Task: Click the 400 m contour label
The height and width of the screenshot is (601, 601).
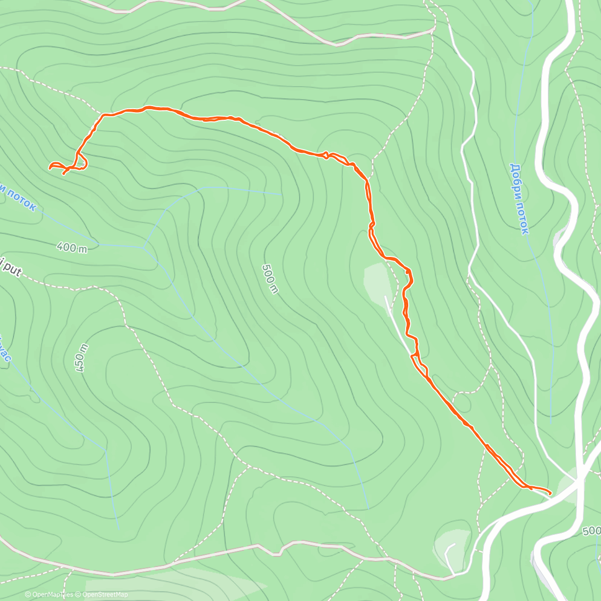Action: point(72,247)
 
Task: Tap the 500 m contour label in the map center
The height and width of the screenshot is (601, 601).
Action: point(270,279)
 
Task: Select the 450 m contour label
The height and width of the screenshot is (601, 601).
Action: point(81,358)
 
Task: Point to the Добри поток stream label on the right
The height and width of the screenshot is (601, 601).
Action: point(519,198)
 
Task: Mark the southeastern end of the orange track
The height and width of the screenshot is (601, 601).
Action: point(550,494)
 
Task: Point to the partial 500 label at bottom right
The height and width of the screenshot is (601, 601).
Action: point(592,531)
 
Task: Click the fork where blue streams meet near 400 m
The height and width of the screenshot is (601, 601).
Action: point(144,247)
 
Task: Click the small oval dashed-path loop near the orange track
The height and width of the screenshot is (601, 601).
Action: point(462,402)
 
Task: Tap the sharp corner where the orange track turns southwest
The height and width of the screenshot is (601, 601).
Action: point(103,116)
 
